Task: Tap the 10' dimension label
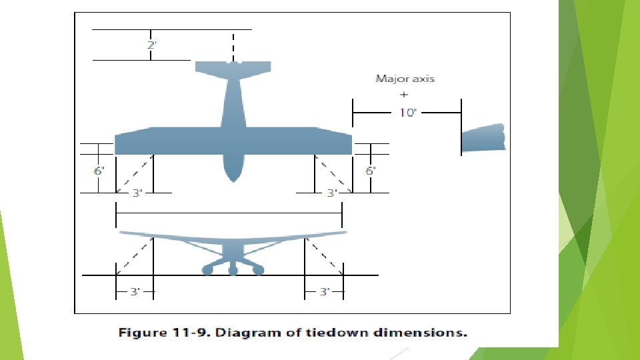[407, 113]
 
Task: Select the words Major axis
[405, 79]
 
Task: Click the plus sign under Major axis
[404, 95]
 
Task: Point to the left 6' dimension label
[99, 171]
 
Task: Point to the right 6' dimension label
[371, 171]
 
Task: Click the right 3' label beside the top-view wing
[331, 193]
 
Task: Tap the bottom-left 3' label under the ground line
[135, 291]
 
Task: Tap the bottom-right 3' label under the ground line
[325, 291]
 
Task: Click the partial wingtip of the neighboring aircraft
[483, 138]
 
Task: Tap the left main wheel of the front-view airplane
[207, 269]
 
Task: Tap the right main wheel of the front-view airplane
[258, 269]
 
